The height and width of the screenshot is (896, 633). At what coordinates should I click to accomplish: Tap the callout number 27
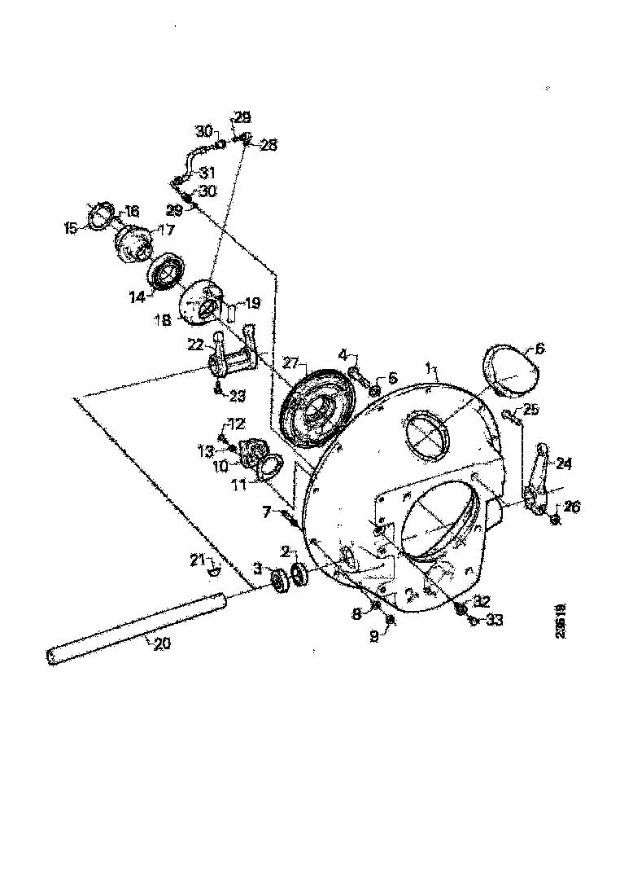coord(291,362)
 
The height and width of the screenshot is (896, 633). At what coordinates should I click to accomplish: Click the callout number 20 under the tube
coord(162,643)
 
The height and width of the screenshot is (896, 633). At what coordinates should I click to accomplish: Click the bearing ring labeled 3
coord(281,579)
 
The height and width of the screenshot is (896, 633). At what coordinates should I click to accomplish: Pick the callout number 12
coord(235,424)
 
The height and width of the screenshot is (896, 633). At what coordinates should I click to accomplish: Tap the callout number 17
coord(166,231)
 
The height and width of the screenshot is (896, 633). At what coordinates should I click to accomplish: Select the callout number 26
coord(572,507)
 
